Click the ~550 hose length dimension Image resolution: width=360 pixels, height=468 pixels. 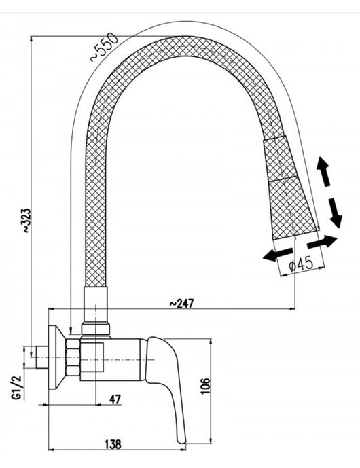pyautogui.click(x=103, y=47)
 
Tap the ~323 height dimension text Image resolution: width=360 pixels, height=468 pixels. pyautogui.click(x=26, y=220)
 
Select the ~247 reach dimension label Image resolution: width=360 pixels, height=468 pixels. pyautogui.click(x=182, y=303)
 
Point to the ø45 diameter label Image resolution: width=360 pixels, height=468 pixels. pyautogui.click(x=302, y=264)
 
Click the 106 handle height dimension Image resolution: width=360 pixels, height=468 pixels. pyautogui.click(x=205, y=386)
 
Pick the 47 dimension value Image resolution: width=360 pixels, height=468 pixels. pyautogui.click(x=115, y=399)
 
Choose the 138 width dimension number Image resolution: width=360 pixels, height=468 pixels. pyautogui.click(x=113, y=444)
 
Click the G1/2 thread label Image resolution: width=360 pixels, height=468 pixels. pyautogui.click(x=17, y=387)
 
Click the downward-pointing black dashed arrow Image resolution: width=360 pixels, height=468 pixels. pyautogui.click(x=336, y=213)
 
